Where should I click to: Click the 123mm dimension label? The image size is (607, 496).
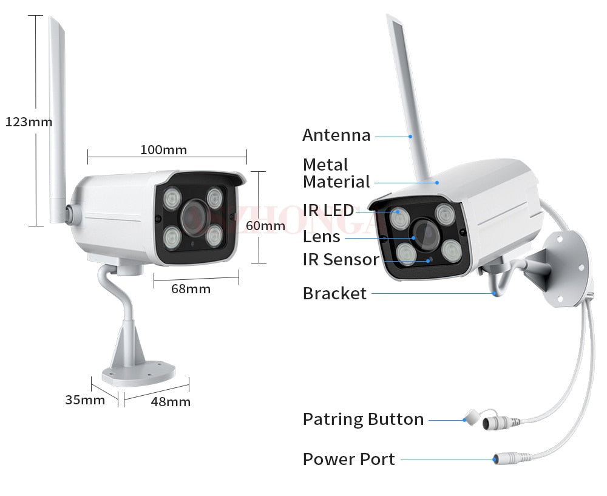(x=29, y=121)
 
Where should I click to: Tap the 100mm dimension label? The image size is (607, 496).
(x=163, y=149)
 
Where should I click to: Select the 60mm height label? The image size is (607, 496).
(x=265, y=226)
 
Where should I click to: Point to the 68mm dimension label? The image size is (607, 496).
(x=191, y=288)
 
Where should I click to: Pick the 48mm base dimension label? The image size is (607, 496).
(x=171, y=401)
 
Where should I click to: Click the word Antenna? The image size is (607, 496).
(x=336, y=135)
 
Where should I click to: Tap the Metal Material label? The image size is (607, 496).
(x=336, y=173)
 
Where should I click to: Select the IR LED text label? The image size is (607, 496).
(x=328, y=211)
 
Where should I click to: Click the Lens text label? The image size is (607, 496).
(x=321, y=236)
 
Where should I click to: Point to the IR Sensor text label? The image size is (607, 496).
(x=341, y=260)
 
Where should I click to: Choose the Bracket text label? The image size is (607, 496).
(x=334, y=294)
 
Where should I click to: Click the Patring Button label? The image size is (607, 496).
(x=363, y=419)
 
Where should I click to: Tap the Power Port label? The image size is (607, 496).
(x=348, y=459)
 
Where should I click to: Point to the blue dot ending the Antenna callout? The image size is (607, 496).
(x=410, y=136)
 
